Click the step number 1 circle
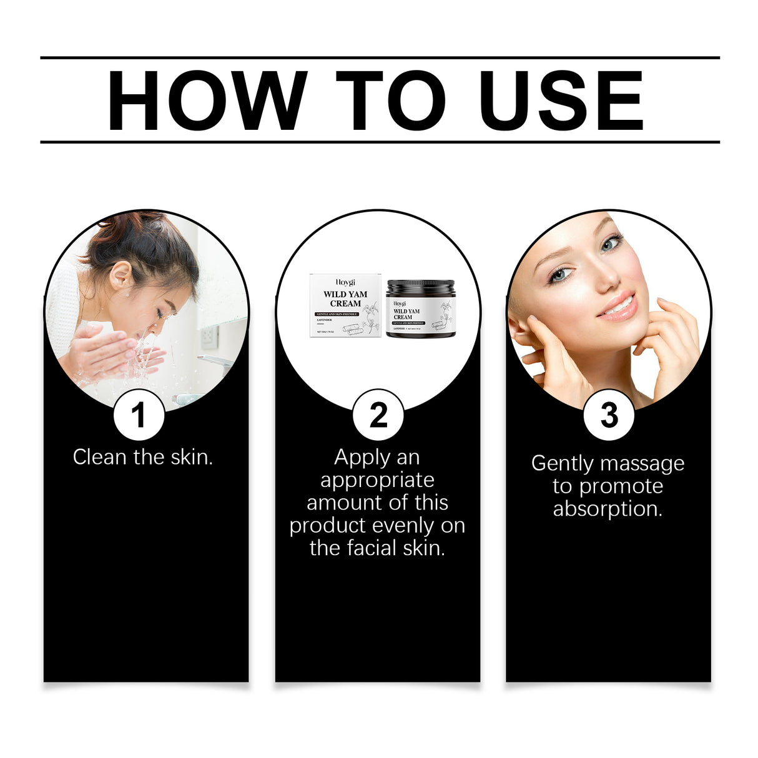pyautogui.click(x=139, y=415)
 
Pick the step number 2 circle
pyautogui.click(x=378, y=415)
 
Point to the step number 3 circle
pyautogui.click(x=609, y=415)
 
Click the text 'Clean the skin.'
pyautogui.click(x=143, y=457)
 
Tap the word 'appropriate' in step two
pyautogui.click(x=377, y=480)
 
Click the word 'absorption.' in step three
pyautogui.click(x=608, y=509)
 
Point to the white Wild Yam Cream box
pyautogui.click(x=345, y=306)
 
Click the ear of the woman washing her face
pyautogui.click(x=120, y=275)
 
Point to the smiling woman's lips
pyautogui.click(x=618, y=308)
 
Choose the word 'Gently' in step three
pyautogui.click(x=560, y=464)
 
